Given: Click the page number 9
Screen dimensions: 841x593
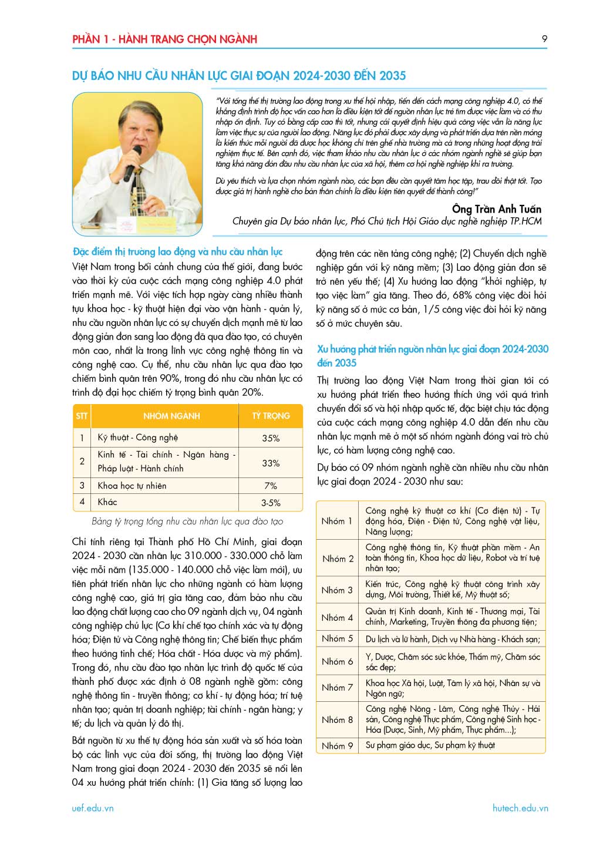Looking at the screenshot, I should click(x=544, y=39).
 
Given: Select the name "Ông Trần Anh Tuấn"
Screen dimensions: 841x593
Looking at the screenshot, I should click(x=496, y=209).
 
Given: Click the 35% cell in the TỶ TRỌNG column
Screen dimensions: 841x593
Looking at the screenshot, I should click(x=271, y=438).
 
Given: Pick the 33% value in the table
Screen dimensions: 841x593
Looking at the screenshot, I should click(x=271, y=463).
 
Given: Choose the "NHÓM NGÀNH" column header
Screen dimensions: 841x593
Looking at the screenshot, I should click(x=171, y=416).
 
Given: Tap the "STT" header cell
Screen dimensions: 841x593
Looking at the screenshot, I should click(x=82, y=416).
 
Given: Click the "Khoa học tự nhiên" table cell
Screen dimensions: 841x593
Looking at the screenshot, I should click(x=132, y=486).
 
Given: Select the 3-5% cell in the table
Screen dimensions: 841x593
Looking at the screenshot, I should click(x=271, y=503).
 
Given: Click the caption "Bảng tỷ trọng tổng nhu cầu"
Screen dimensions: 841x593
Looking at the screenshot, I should click(x=187, y=521).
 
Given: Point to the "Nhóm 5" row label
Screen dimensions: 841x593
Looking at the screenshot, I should click(x=337, y=638).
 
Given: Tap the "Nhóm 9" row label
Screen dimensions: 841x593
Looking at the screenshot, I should click(x=337, y=746).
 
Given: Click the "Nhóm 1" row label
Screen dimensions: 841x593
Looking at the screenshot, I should click(x=337, y=521).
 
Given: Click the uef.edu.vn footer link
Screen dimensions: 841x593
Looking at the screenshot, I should click(x=93, y=808).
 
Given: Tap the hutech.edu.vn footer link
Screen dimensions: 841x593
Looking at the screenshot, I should click(x=520, y=808).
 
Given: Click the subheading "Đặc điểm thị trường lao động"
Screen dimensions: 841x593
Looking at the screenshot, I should click(x=178, y=252).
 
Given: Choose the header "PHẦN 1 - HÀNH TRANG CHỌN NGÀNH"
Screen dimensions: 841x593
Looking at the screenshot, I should click(x=164, y=39).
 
